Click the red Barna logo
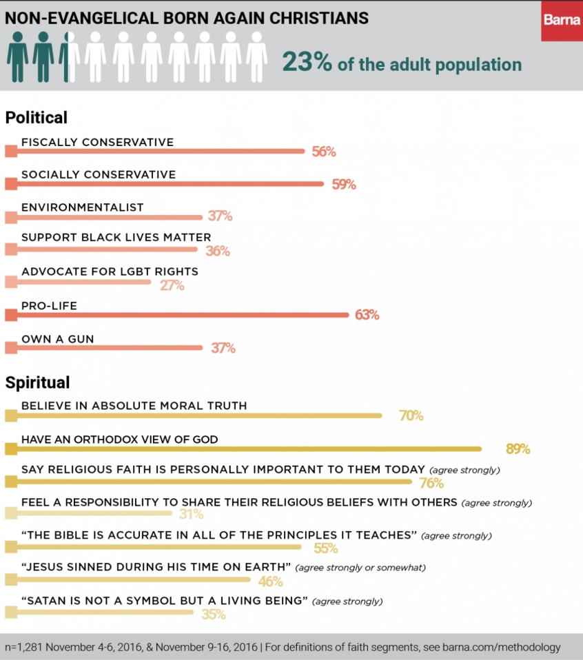coord(561,21)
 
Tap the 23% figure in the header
coord(307,63)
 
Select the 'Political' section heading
coord(37,118)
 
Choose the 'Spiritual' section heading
coord(37,382)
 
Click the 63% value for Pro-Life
coord(367,315)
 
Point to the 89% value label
coord(518,449)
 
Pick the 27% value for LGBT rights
coord(172,285)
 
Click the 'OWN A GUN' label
coord(57,338)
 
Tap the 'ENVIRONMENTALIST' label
coord(83,207)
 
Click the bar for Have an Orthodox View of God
coord(248,449)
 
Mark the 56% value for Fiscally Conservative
coord(323,152)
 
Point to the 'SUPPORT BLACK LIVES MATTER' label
coord(116,238)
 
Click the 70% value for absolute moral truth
coord(411,415)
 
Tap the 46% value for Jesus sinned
coord(270,581)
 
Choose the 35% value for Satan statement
coord(214,614)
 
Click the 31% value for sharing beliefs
coord(191,514)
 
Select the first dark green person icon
coord(17,56)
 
